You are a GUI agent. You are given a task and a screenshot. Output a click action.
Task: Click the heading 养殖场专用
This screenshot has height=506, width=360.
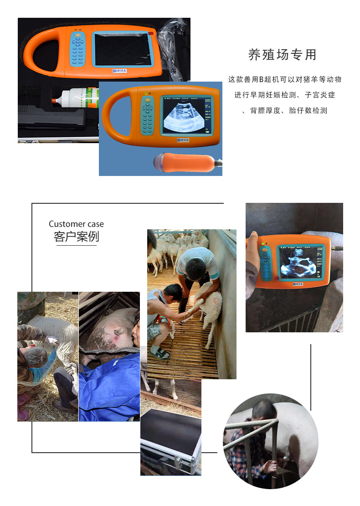point(282,55)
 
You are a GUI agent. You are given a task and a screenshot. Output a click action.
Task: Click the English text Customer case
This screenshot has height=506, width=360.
point(76,224)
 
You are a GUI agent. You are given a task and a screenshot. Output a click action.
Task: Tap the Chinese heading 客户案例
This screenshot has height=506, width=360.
point(76,237)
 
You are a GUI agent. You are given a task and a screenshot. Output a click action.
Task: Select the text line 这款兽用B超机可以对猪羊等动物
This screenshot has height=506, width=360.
point(284,79)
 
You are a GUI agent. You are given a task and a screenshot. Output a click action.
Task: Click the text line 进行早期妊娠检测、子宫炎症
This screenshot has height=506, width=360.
point(284,95)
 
